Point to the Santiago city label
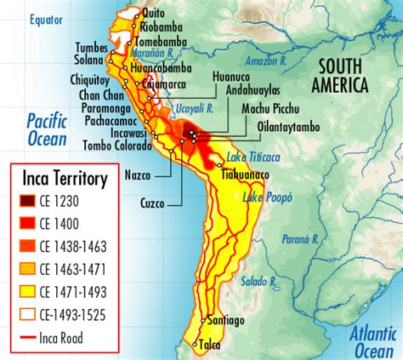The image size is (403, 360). (224, 320)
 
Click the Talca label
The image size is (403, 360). (211, 345)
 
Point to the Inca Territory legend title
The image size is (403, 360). (65, 179)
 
